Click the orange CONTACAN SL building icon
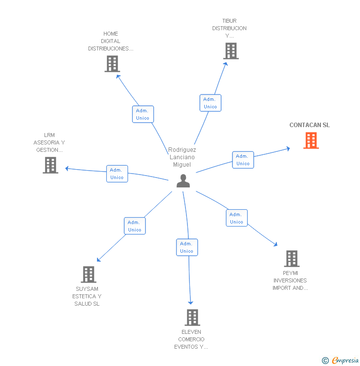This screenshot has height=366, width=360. (x=311, y=140)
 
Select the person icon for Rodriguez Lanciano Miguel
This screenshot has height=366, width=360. (x=183, y=181)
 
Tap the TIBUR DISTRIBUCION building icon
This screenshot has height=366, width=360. (x=230, y=50)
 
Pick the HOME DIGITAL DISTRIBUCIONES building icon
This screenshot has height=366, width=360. (x=112, y=63)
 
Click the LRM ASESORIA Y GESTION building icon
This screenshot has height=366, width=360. (x=50, y=165)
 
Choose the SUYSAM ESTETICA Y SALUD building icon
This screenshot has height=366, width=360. (x=88, y=274)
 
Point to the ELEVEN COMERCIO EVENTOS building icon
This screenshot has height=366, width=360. (x=192, y=317)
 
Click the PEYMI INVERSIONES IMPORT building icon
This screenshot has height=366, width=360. (x=292, y=258)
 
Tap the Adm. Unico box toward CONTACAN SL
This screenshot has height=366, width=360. (x=243, y=160)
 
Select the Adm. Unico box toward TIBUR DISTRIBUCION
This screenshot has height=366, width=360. (x=210, y=103)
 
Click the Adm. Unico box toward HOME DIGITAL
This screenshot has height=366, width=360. (x=143, y=114)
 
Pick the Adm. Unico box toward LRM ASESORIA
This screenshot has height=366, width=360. (x=117, y=174)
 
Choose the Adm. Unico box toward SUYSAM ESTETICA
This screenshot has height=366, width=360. (x=135, y=226)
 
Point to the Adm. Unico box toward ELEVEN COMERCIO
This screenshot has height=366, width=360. (x=187, y=247)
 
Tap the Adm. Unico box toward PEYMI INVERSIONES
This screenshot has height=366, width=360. (x=236, y=218)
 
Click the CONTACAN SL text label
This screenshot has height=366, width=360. (x=310, y=125)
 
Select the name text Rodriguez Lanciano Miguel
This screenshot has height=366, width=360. (x=182, y=157)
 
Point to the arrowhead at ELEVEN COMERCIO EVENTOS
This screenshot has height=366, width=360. (x=190, y=302)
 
